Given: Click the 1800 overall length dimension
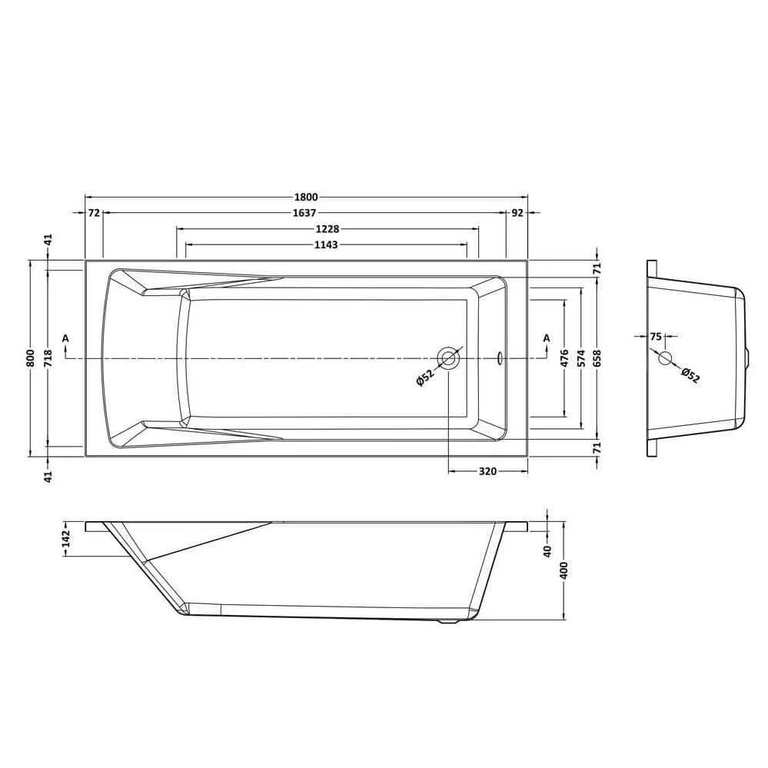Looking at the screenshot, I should [x=306, y=197].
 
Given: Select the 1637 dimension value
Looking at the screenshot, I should [x=306, y=213].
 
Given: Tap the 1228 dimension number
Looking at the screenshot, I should [x=327, y=229].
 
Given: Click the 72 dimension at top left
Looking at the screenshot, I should [x=94, y=213].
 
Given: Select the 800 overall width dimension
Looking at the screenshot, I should [x=30, y=358].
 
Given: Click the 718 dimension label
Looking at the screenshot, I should [x=48, y=358].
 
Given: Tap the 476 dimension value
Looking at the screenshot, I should [x=564, y=358].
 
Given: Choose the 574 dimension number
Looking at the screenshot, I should [x=581, y=358].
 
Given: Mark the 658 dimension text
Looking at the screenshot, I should [x=597, y=358].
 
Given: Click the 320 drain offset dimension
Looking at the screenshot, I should [x=487, y=471].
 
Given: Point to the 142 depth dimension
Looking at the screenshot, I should [x=65, y=538].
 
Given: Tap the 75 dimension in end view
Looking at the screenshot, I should [x=655, y=336].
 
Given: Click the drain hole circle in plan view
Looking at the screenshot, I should [x=448, y=357].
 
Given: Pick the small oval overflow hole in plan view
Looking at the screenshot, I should [x=500, y=357].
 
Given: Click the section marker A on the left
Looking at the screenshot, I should [x=65, y=337].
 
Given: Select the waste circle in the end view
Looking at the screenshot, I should [x=665, y=357].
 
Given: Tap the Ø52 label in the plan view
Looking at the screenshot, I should [x=425, y=377].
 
